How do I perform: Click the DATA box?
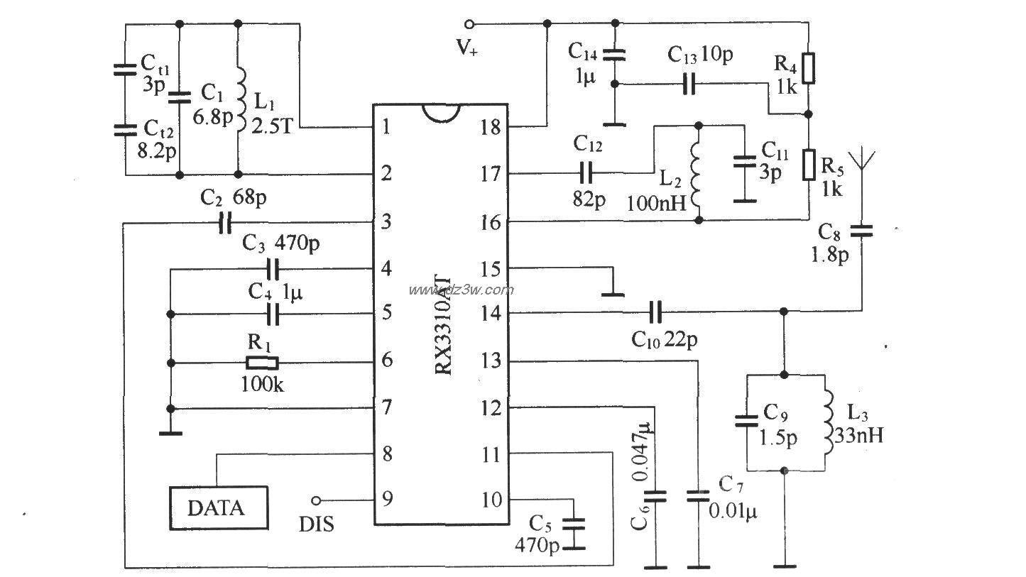point(219,508)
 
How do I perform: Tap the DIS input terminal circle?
point(315,500)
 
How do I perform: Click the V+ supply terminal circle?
point(469,24)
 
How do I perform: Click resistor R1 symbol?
point(262,363)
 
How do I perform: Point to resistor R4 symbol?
point(809,68)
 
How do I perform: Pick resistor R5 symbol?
point(809,164)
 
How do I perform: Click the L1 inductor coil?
point(241,101)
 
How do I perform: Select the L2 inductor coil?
point(695,175)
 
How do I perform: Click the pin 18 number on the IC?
point(491,127)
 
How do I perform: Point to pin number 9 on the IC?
point(388,499)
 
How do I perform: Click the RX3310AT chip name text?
point(443,325)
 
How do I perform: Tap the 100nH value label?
point(656,203)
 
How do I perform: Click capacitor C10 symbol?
point(655,312)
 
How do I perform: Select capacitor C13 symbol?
point(689,84)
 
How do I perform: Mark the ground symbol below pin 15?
point(612,295)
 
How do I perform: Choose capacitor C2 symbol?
point(225,223)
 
